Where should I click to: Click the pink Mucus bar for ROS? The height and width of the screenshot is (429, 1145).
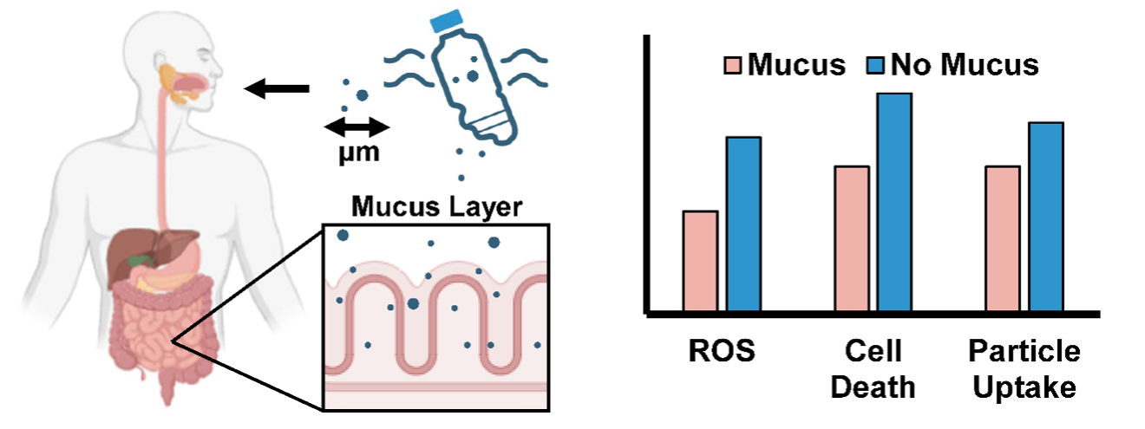[x=700, y=261]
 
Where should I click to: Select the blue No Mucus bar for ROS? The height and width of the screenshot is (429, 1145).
[x=743, y=224]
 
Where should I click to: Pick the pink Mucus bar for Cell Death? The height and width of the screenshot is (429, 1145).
[x=852, y=238]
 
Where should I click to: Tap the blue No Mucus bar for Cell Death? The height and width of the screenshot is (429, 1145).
[x=894, y=202]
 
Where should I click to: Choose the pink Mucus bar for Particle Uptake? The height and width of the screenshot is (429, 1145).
[x=1003, y=238]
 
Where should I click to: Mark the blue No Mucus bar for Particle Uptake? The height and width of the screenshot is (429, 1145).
[x=1045, y=217]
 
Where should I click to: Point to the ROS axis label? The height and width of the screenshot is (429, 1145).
[x=717, y=352]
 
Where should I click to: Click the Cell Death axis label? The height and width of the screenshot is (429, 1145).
[x=873, y=368]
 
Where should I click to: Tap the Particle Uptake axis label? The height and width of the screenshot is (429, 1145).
[x=1024, y=368]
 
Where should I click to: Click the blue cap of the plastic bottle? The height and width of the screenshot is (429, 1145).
[x=448, y=20]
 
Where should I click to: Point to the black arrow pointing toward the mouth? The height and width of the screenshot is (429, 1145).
[x=277, y=88]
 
